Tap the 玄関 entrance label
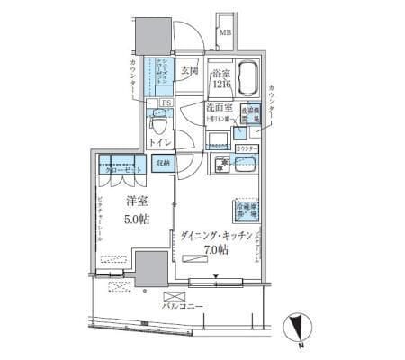[189, 72]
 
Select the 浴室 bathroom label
[221, 76]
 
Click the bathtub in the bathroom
[246, 82]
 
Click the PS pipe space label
[166, 103]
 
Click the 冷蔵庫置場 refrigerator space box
[247, 210]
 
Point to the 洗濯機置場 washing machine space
[248, 115]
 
